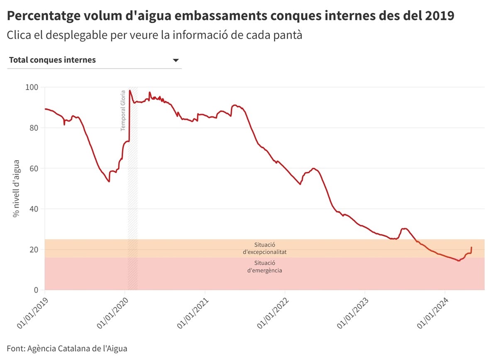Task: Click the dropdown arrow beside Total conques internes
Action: click(x=176, y=60)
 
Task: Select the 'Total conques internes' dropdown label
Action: click(x=52, y=60)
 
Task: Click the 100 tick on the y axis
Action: click(x=32, y=87)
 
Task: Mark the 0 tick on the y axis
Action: click(x=36, y=290)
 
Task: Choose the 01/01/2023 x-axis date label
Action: click(x=353, y=312)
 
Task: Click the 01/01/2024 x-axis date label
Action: click(x=433, y=312)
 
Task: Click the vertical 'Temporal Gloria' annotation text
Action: click(x=123, y=111)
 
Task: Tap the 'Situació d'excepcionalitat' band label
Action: click(x=265, y=248)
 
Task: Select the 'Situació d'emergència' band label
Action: click(x=265, y=267)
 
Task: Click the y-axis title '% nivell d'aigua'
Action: click(x=16, y=189)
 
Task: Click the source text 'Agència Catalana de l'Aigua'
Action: click(x=77, y=348)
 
